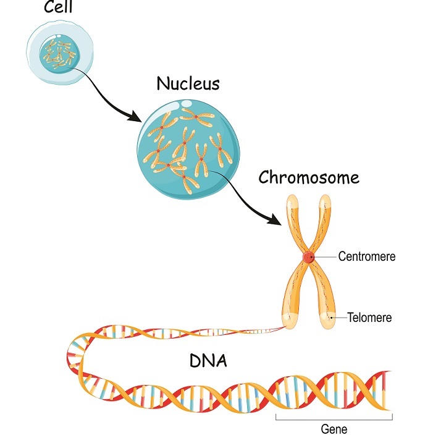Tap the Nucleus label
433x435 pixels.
click(188, 83)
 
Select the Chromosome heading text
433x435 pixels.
click(308, 178)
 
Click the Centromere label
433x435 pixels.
click(366, 256)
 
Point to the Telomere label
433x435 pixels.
click(369, 318)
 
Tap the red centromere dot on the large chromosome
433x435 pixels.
click(308, 258)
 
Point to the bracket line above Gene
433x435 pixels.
click(334, 417)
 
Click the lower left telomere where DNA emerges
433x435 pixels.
click(288, 319)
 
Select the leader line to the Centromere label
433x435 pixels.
click(325, 256)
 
